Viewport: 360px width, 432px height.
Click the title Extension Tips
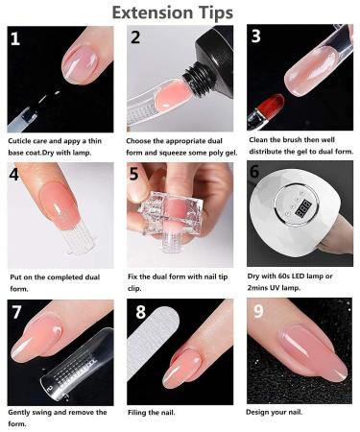click(180, 12)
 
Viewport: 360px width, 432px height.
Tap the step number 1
click(16, 39)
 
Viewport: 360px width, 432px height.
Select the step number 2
click(135, 39)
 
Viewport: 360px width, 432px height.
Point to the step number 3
click(255, 37)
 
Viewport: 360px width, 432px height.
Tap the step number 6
click(254, 174)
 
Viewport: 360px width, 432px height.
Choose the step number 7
click(17, 314)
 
